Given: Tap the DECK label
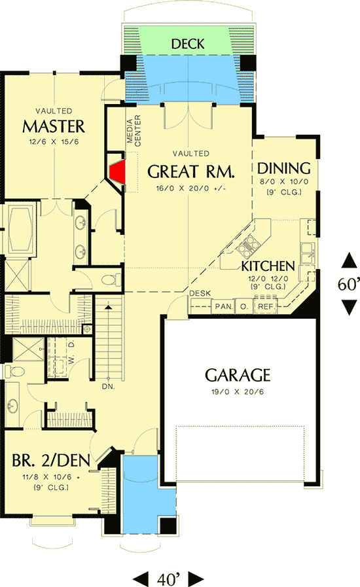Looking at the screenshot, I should [x=187, y=44].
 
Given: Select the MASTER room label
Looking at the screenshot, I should [x=54, y=125].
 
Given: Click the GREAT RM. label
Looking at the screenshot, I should [x=190, y=171].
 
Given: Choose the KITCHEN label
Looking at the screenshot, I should [x=267, y=266].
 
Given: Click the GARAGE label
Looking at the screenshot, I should [x=237, y=375].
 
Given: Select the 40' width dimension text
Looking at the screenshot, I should [x=169, y=578].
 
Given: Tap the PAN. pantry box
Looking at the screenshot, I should [x=223, y=306].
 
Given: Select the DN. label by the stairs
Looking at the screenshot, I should [x=108, y=387].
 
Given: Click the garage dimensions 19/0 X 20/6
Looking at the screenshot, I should [x=237, y=392].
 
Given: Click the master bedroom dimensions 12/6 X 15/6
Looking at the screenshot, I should [x=54, y=141].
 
